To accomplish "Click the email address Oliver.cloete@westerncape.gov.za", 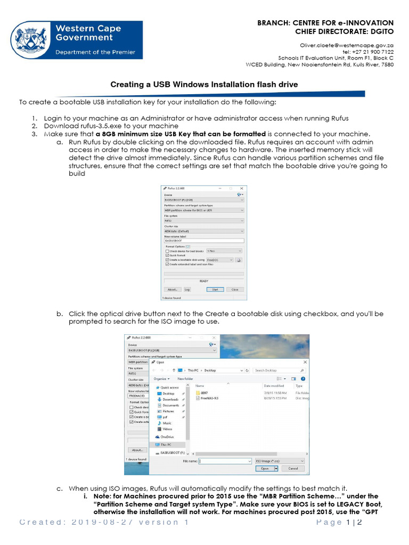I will [347, 46].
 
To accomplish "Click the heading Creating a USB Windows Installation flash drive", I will [204, 84].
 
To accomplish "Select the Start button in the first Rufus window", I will [215, 290].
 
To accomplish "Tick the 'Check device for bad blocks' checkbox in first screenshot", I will [168, 251].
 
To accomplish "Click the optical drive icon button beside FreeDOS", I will [239, 260].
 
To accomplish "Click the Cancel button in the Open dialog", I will [293, 469].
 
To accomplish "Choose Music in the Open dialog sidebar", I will [167, 423].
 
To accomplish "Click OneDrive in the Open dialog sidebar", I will [167, 436].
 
